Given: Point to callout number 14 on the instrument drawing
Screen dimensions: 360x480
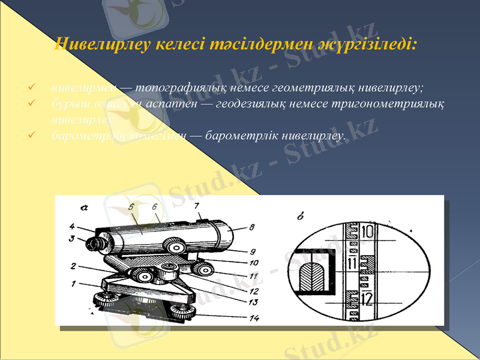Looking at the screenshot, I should pos(253,318).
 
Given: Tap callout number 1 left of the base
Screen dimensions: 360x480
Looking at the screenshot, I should pos(73,283).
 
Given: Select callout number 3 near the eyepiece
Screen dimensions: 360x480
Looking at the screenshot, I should pos(71,238).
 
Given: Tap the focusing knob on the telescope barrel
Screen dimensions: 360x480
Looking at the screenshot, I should pos(176,247).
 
